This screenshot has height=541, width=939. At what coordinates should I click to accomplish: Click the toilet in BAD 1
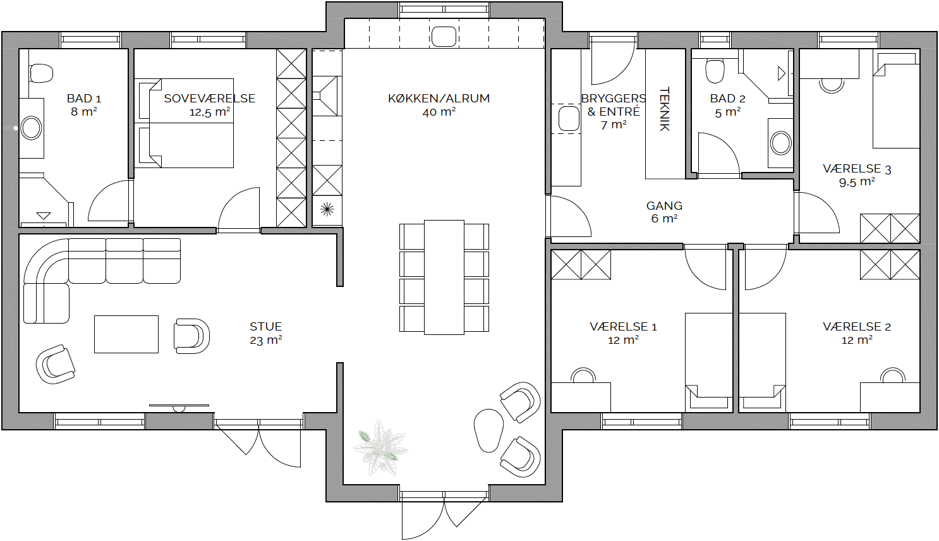pos(41,73)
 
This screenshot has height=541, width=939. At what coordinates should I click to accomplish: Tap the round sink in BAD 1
pos(32,128)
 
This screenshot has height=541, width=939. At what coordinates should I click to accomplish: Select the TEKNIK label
pos(665,109)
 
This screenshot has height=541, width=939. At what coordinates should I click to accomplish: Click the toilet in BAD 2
pos(715,70)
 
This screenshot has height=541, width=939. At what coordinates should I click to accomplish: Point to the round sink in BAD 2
pos(780,143)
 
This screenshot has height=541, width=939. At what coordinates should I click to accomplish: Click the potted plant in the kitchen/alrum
pos(380,448)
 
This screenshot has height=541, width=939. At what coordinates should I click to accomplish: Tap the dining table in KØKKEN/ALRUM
pos(444,277)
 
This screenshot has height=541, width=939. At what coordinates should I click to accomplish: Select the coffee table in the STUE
pos(126,334)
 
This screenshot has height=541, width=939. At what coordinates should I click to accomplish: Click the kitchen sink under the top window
pos(444,37)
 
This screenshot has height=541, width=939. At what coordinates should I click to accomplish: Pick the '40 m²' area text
pos(439,112)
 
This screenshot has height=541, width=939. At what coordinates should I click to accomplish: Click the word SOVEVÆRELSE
pos(210,98)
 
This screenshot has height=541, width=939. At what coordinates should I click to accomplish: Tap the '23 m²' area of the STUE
pos(266,339)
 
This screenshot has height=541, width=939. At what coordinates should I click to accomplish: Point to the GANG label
pos(664,205)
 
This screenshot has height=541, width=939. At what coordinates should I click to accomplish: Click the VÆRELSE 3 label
pos(857,169)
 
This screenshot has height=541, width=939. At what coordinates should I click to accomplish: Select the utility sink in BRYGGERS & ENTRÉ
pos(569,118)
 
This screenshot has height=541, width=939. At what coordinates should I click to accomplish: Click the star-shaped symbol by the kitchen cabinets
pos(327,209)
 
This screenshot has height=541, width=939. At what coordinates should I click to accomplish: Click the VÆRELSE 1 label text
pos(623,327)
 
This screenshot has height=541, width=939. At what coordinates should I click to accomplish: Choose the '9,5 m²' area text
pos(857,182)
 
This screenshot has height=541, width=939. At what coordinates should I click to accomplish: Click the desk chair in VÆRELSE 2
pos(892,375)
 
